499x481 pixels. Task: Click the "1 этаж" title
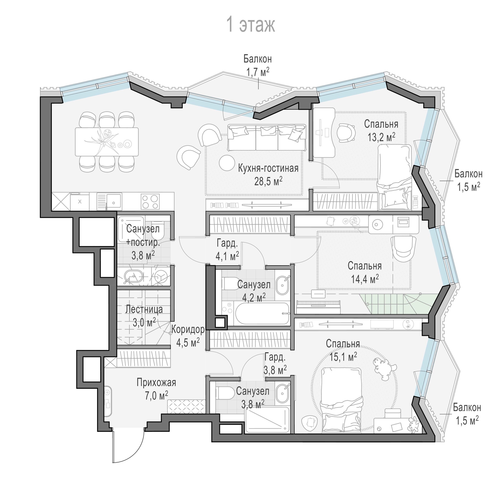tap(251, 25)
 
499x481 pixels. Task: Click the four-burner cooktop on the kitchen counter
tap(150, 201)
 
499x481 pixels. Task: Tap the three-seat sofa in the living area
tap(267, 137)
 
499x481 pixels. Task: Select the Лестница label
tap(144, 309)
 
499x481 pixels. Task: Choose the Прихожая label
tap(156, 382)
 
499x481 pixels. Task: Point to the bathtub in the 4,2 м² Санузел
tap(262, 314)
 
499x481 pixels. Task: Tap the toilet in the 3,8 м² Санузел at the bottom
tap(225, 393)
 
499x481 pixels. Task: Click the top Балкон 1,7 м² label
tap(257, 65)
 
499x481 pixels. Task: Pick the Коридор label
tap(188, 330)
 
